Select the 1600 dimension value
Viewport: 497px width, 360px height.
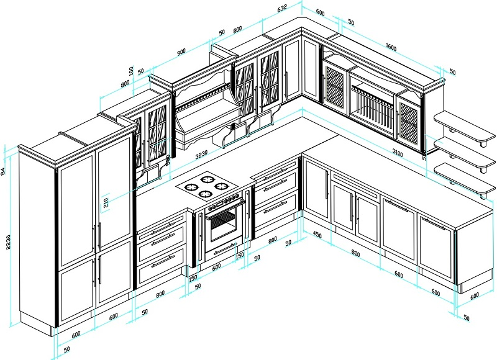coord(391,47)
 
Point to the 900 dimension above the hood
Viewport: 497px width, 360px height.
coord(181,53)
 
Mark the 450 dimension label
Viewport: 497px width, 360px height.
coord(317,235)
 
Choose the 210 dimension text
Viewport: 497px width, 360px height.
coord(107,201)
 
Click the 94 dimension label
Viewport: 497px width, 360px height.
coord(4,169)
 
